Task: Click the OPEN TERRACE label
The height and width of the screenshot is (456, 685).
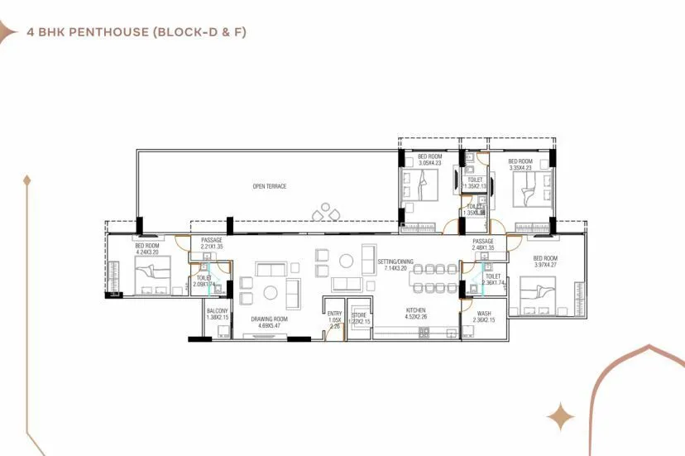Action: [x=270, y=186]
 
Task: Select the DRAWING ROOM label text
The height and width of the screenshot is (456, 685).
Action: [x=269, y=322]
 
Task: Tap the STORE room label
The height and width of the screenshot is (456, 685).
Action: [x=358, y=317]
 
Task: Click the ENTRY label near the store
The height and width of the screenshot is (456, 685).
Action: [x=334, y=319]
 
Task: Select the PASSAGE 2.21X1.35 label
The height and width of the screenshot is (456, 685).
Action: [x=212, y=243]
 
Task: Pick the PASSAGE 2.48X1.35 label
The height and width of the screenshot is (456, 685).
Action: [x=483, y=245]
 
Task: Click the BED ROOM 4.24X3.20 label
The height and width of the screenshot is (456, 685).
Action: [x=147, y=249]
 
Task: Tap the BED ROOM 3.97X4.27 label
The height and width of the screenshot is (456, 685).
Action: [x=545, y=262]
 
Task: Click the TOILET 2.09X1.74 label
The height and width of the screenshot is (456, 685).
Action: [x=203, y=281]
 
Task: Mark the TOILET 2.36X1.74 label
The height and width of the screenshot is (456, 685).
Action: [x=493, y=280]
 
